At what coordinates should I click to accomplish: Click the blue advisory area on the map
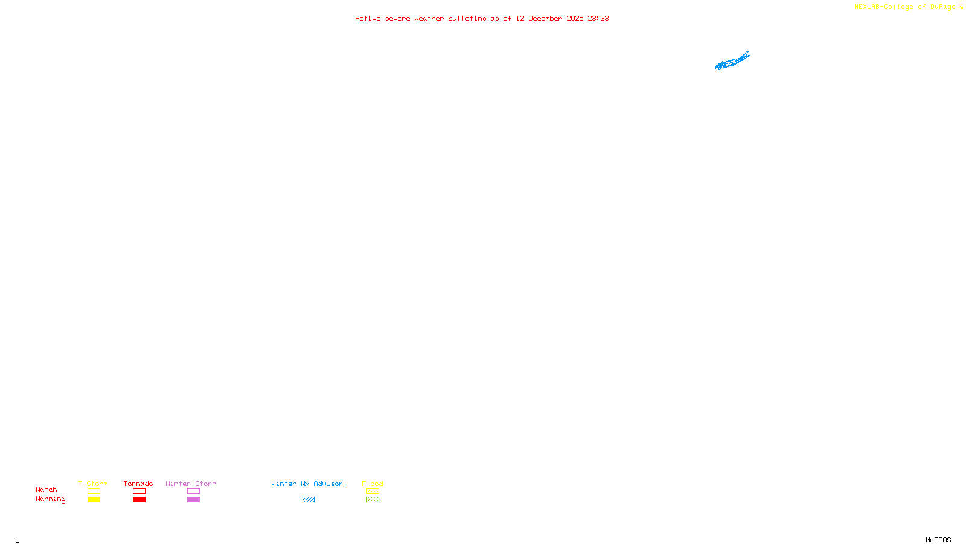pyautogui.click(x=732, y=62)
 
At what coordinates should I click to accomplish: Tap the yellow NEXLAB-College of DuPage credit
pyautogui.click(x=904, y=7)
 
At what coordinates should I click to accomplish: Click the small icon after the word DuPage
pyautogui.click(x=961, y=7)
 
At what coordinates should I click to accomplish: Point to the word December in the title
pyautogui.click(x=545, y=18)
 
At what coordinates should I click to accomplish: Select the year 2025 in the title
pyautogui.click(x=575, y=18)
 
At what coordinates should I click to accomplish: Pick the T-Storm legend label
pyautogui.click(x=93, y=484)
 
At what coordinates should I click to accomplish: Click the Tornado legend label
pyautogui.click(x=138, y=484)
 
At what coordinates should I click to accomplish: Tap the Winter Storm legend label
pyautogui.click(x=191, y=484)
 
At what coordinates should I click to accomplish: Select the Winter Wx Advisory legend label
pyautogui.click(x=309, y=484)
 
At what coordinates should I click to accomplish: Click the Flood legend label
pyautogui.click(x=373, y=484)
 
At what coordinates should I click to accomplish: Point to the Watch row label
pyautogui.click(x=46, y=490)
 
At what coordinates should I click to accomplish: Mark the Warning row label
pyautogui.click(x=51, y=499)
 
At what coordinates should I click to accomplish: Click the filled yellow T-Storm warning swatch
pyautogui.click(x=94, y=500)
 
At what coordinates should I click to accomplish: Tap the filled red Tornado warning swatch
pyautogui.click(x=139, y=500)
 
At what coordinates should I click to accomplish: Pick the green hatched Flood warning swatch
pyautogui.click(x=373, y=500)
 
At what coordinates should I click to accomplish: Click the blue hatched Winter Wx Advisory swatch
pyautogui.click(x=308, y=500)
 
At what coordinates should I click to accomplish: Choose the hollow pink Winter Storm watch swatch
pyautogui.click(x=193, y=491)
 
